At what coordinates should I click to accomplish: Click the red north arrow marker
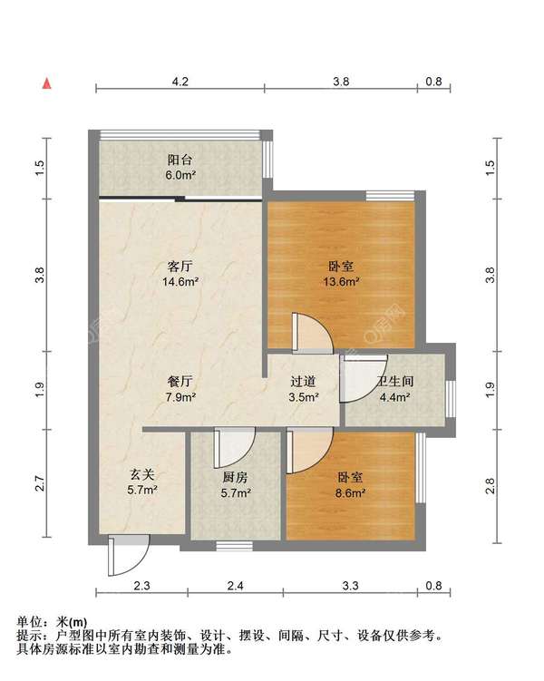47,83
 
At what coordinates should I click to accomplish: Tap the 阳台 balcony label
180,160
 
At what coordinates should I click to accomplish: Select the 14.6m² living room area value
180,282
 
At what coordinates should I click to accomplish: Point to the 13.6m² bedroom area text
341,282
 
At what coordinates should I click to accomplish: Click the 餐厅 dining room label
180,382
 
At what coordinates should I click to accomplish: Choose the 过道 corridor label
303,382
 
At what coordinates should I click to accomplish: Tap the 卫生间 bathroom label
395,382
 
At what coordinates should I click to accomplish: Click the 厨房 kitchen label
236,477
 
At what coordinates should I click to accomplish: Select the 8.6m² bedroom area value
350,493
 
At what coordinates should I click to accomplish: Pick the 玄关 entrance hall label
142,474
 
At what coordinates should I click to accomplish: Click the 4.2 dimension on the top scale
180,82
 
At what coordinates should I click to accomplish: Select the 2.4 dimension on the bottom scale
235,586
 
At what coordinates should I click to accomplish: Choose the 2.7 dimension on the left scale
40,483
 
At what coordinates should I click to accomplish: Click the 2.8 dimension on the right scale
491,485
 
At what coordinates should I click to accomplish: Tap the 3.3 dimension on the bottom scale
350,586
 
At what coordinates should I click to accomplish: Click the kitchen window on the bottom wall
235,546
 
